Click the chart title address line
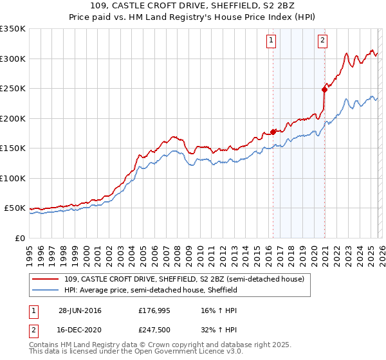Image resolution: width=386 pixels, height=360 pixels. [193, 6]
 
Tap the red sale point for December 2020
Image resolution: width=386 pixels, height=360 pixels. [324, 90]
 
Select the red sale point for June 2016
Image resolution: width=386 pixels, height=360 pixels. [273, 132]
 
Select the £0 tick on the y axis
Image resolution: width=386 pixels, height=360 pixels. [19, 238]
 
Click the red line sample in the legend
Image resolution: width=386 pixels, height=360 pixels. [46, 279]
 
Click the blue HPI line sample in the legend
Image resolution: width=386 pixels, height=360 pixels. [46, 290]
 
